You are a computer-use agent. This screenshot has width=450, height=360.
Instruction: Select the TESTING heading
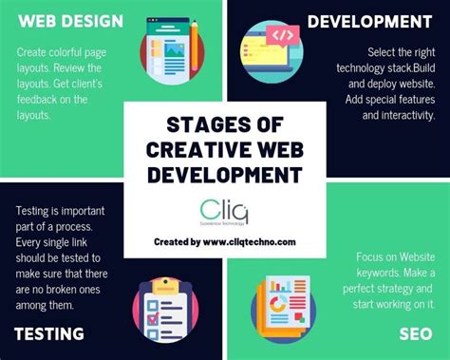tap(49, 333)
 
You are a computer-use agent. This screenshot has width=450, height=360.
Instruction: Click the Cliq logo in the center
tap(225, 211)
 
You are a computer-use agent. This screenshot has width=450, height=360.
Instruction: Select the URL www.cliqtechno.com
tap(249, 241)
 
